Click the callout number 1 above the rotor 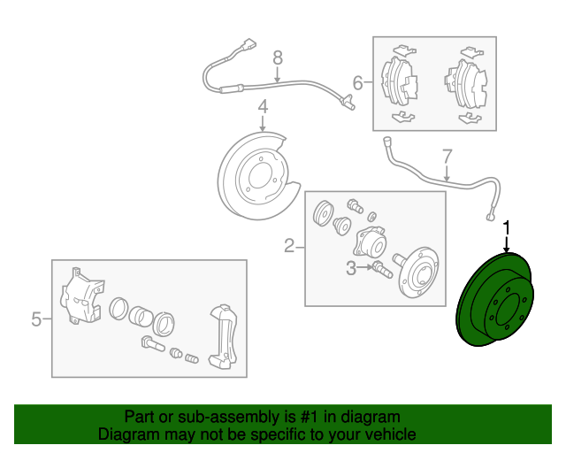coord(507,228)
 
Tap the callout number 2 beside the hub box coord(288,245)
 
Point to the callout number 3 coord(350,267)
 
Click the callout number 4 coord(262,108)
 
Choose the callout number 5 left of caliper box coord(36,319)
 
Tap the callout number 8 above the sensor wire coord(277,58)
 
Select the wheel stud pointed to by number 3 coord(381,268)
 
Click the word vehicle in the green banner coord(386,434)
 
